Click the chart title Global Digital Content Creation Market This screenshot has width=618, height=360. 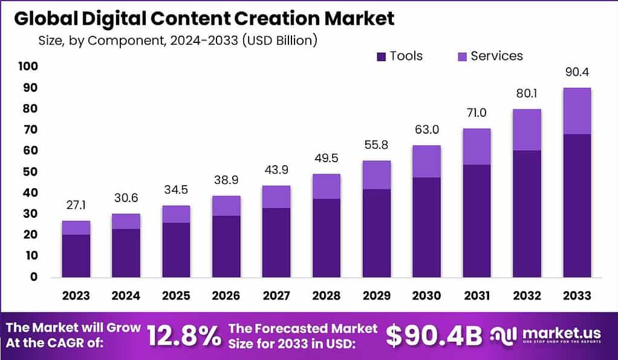click(204, 18)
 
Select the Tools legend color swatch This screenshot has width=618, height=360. click(381, 56)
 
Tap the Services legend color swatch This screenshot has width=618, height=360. click(461, 56)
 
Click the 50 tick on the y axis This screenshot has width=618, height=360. click(31, 171)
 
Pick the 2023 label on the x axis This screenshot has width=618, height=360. click(76, 296)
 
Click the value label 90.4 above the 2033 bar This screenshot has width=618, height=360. click(577, 72)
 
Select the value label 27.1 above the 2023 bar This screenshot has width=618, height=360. click(76, 205)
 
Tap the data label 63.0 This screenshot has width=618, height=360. click(426, 129)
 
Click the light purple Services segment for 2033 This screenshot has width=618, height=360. click(577, 111)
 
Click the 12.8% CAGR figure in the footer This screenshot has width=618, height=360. click(184, 336)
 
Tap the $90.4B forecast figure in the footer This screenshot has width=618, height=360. click(434, 336)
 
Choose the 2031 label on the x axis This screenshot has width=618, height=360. click(478, 296)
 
